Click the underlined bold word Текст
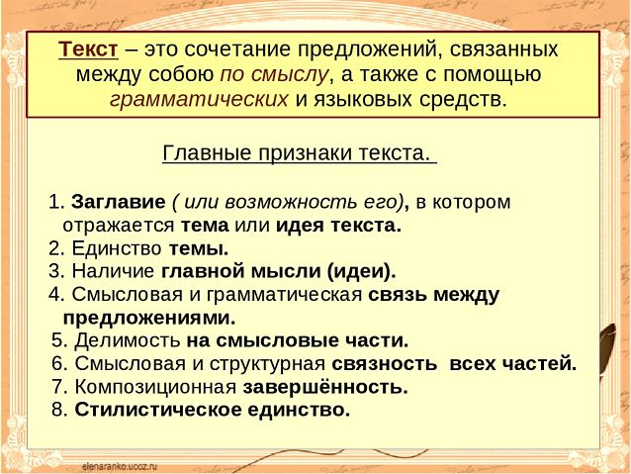[x=88, y=49]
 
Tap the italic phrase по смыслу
[x=274, y=75]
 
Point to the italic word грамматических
[x=199, y=100]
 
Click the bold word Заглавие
[x=119, y=202]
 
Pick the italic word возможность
[x=291, y=202]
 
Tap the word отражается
[x=119, y=226]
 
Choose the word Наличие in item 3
[x=113, y=271]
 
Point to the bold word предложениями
[x=149, y=319]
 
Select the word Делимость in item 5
[x=128, y=340]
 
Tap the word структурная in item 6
[x=267, y=364]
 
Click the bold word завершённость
[x=325, y=387]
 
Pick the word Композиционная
[x=155, y=387]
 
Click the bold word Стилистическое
[x=158, y=410]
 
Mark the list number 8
[x=58, y=411]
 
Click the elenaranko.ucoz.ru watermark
[x=120, y=466]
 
